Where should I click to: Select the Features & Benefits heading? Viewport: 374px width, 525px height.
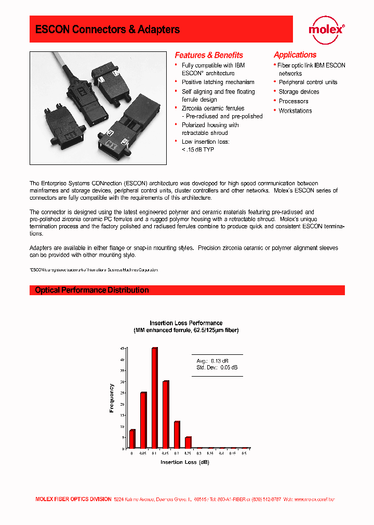(x=209, y=55)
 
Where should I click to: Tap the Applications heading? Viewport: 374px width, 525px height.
(x=295, y=54)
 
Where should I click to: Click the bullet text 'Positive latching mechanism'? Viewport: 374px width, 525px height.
(x=218, y=82)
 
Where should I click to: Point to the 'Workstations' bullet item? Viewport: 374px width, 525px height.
(x=295, y=110)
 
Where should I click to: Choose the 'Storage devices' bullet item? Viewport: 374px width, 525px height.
(x=299, y=92)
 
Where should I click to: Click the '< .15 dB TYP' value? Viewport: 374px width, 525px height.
(x=198, y=149)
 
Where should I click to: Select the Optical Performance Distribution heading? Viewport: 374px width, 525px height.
(x=92, y=290)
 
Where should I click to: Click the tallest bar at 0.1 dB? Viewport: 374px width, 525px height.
(x=154, y=398)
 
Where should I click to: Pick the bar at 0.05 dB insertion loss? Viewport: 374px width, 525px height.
(x=143, y=420)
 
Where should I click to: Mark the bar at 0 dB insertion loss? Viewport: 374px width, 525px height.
(x=132, y=439)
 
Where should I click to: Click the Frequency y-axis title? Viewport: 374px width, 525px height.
(x=112, y=398)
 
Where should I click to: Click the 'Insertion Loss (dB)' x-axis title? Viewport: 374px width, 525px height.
(x=185, y=462)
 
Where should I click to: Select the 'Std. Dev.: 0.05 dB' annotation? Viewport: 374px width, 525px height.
(x=217, y=367)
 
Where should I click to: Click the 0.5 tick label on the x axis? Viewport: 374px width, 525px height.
(x=244, y=453)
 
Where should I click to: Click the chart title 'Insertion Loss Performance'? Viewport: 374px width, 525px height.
(x=186, y=323)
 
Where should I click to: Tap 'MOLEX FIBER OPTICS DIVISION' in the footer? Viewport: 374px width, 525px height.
(x=73, y=499)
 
